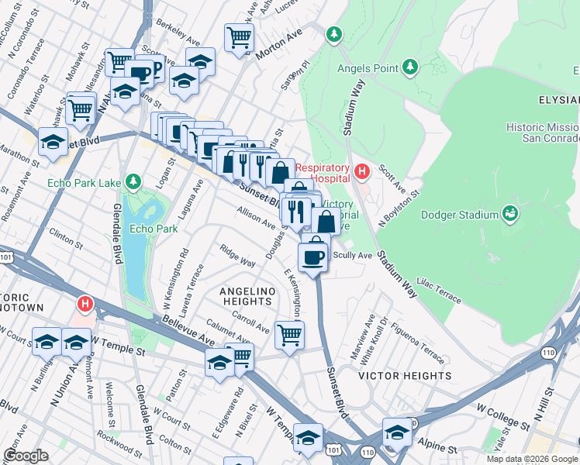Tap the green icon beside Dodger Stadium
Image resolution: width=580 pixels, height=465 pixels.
pyautogui.click(x=509, y=212)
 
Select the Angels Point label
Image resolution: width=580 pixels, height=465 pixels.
pyautogui.click(x=368, y=67)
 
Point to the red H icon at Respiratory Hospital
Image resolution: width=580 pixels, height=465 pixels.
pyautogui.click(x=361, y=170)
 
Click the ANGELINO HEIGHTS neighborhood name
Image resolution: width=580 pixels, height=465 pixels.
pyautogui.click(x=245, y=297)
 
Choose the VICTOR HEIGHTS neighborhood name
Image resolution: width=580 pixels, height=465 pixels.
pyautogui.click(x=405, y=376)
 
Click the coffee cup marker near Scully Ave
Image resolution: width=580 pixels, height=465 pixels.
pyautogui.click(x=313, y=257)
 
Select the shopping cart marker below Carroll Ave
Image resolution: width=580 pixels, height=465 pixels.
pyautogui.click(x=289, y=336)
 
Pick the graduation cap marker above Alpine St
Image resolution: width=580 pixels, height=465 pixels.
pyautogui.click(x=398, y=432)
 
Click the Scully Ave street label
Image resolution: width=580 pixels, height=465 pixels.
pyautogui.click(x=354, y=255)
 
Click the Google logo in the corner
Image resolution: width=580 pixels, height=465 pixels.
pyautogui.click(x=26, y=456)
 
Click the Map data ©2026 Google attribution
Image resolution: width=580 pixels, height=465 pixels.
pyautogui.click(x=532, y=459)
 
